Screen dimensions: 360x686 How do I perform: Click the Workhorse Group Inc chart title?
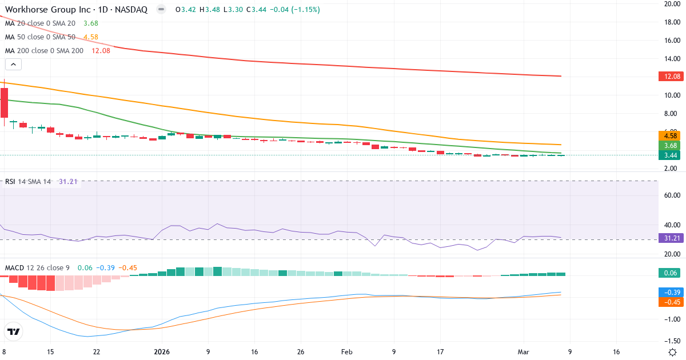tap(76, 10)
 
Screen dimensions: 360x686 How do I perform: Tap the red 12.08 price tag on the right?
tap(669, 77)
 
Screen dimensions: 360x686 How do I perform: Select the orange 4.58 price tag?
tap(669, 135)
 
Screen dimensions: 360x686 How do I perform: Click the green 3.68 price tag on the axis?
tap(669, 145)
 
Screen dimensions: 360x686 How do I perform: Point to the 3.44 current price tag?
tap(669, 155)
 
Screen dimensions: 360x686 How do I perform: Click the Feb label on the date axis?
tap(347, 351)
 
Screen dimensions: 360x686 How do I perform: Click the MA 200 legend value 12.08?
tap(101, 50)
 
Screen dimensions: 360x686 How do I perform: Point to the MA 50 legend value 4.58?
tap(91, 37)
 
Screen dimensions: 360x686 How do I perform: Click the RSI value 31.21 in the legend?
tap(69, 182)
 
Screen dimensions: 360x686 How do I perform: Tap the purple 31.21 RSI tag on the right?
tap(669, 238)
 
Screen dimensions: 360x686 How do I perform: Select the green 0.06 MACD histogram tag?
tap(669, 274)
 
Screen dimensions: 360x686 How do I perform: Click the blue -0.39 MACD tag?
tap(669, 292)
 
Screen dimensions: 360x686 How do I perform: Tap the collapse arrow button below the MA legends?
tap(13, 65)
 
